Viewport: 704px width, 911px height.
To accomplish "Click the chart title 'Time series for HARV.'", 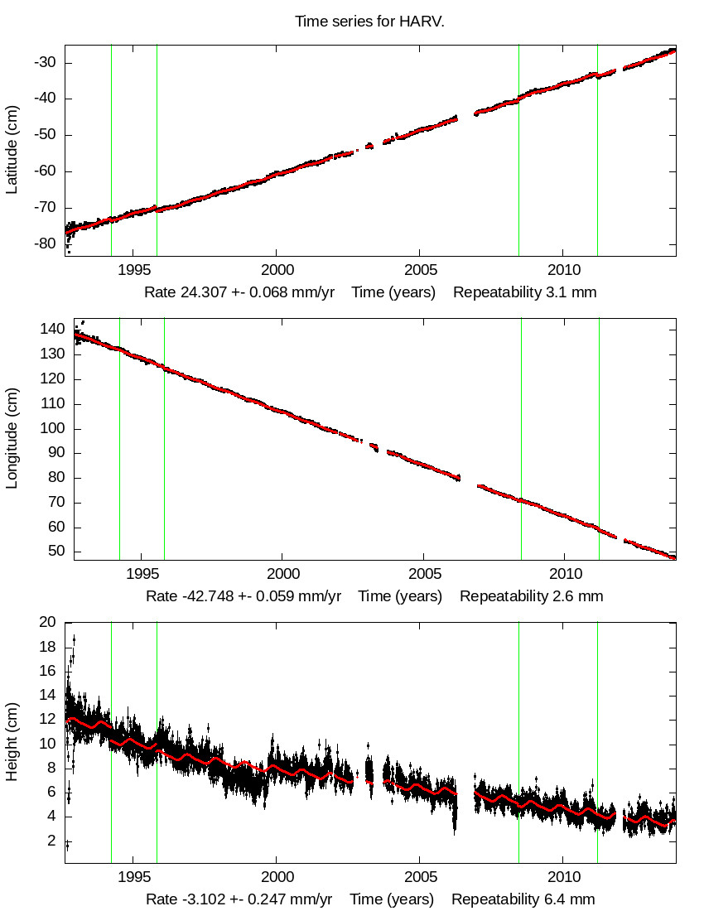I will (x=369, y=21).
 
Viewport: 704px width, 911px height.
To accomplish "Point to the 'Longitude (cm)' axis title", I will (x=12, y=440).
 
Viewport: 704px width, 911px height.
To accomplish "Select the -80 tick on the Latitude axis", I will (x=45, y=244).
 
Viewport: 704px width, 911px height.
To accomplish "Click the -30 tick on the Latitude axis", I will (x=45, y=63).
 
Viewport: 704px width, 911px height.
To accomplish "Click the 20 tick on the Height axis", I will (x=48, y=623).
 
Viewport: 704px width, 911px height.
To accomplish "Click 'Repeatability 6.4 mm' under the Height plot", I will (x=523, y=899).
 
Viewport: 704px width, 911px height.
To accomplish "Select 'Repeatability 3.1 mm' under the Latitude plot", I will (x=525, y=292).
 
